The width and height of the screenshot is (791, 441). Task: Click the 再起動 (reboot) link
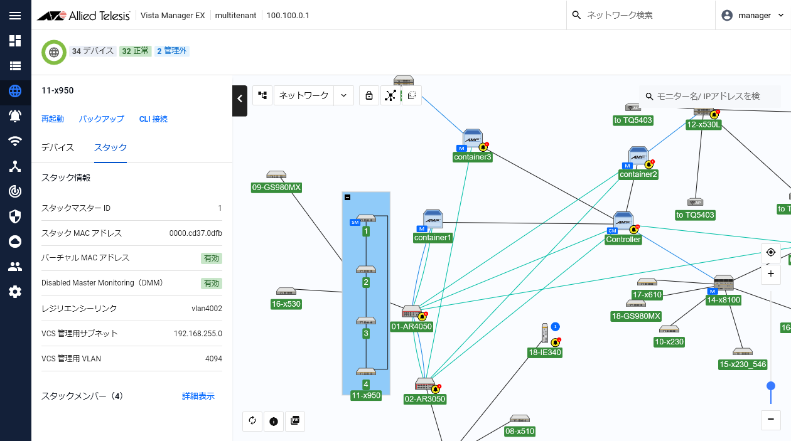coord(53,119)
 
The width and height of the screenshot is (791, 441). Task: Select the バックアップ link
coord(101,119)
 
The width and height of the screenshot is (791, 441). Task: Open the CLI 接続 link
coord(153,119)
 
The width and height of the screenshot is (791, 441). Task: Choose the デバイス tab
coord(58,147)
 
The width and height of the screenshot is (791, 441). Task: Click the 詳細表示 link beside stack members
coord(198,396)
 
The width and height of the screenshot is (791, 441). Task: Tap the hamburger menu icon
coord(15,16)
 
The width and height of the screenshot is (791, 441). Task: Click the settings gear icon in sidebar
coord(15,292)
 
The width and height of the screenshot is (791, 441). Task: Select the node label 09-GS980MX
coord(276,188)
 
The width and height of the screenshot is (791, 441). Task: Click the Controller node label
coord(623,240)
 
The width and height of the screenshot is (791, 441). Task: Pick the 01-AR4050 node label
coord(411,326)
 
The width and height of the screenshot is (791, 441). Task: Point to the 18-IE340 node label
coord(545,353)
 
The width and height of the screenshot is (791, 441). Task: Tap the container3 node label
coord(473,157)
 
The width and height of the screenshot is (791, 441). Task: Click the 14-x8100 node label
coord(724,300)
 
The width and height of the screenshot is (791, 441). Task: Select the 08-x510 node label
coord(520,431)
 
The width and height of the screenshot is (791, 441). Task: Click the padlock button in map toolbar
coord(369,95)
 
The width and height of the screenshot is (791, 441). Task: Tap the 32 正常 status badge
coord(135,51)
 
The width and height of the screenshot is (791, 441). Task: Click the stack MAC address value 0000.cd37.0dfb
coord(196,233)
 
